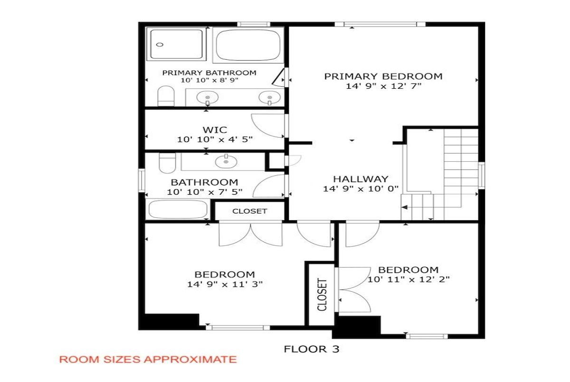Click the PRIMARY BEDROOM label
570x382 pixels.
[x=383, y=76]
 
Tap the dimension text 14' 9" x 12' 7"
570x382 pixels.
[x=384, y=86]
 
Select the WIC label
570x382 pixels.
[x=215, y=130]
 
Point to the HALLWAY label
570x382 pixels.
[x=361, y=179]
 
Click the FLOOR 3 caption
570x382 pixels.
[x=312, y=349]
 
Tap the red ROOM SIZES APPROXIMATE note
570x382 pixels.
[x=148, y=360]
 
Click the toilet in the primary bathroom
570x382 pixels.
[x=166, y=96]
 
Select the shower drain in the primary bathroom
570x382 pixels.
[x=160, y=45]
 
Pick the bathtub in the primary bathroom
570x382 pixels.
[x=248, y=45]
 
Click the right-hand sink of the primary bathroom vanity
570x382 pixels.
[x=270, y=98]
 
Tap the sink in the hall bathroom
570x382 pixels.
[x=226, y=161]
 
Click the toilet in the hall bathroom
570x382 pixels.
[x=167, y=163]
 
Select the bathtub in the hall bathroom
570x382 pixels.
[x=178, y=209]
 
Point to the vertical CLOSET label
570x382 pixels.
[x=322, y=295]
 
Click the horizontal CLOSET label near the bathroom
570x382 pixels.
[x=250, y=211]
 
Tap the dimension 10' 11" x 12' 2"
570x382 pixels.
[x=408, y=280]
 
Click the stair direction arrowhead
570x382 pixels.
[x=404, y=207]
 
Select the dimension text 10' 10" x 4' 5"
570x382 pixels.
[x=215, y=140]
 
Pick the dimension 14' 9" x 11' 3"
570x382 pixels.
[x=225, y=284]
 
